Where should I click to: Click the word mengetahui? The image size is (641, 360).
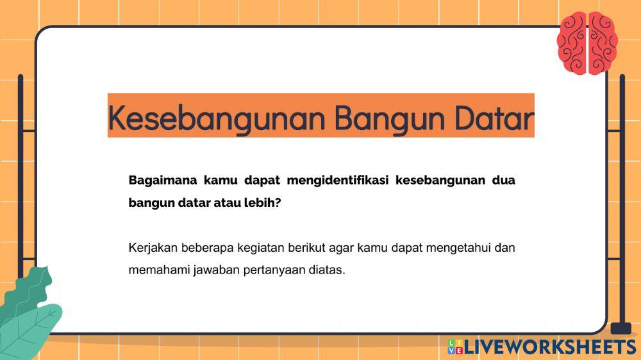click(x=460, y=247)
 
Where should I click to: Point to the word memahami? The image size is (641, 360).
click(x=156, y=270)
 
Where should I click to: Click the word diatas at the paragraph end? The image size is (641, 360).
click(x=327, y=270)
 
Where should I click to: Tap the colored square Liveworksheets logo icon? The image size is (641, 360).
click(x=455, y=347)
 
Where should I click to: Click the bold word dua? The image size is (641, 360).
click(x=503, y=180)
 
